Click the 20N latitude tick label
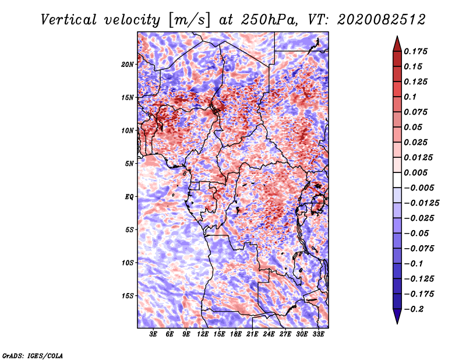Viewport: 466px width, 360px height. point(128,64)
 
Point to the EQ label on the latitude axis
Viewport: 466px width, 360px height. point(129,196)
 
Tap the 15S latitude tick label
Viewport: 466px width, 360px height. point(128,295)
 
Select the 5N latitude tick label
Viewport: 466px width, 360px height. point(129,163)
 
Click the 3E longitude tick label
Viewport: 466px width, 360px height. point(154,334)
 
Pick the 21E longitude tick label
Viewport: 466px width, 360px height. point(252,334)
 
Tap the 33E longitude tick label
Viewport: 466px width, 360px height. point(318,334)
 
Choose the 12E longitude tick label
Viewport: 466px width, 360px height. point(203,334)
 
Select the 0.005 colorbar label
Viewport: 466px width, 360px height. point(417,172)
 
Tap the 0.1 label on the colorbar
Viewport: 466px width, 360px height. point(411,97)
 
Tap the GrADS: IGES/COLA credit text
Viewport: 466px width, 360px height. point(33,355)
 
